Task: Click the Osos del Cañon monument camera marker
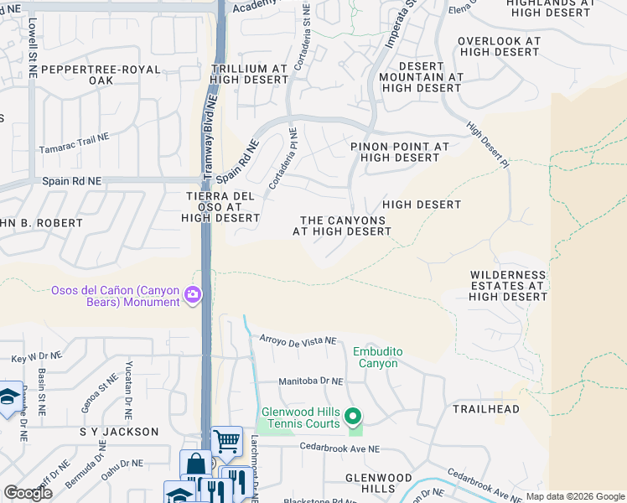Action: (x=193, y=294)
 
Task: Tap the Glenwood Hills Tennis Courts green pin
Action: (x=354, y=416)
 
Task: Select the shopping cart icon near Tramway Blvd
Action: (x=226, y=440)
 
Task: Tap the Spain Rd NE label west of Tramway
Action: (x=71, y=181)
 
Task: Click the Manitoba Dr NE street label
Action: (x=311, y=381)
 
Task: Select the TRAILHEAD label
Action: (x=486, y=409)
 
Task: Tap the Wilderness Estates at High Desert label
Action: (x=508, y=285)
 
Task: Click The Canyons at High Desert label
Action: (x=342, y=226)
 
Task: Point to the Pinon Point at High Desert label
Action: (x=400, y=152)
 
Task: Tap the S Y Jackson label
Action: (x=118, y=432)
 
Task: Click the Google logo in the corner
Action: (x=28, y=493)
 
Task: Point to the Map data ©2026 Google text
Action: (x=574, y=496)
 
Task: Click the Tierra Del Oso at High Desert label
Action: (x=220, y=206)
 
